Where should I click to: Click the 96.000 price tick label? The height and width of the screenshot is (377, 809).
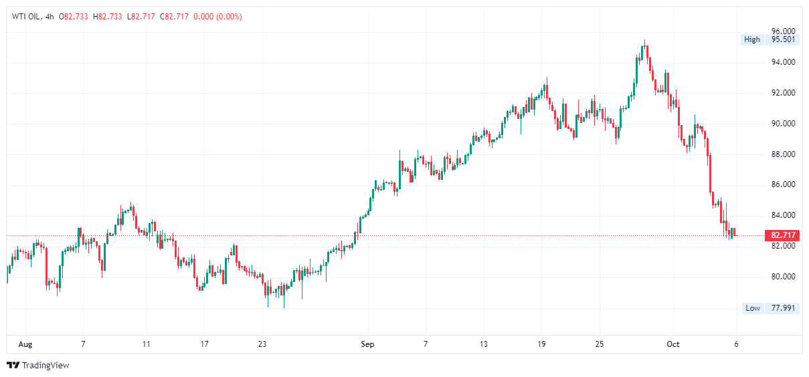point(783,31)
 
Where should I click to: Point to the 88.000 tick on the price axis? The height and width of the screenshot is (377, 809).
point(783,154)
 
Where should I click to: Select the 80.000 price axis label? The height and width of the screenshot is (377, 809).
point(783,277)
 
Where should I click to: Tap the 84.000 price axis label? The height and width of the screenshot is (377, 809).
point(783,215)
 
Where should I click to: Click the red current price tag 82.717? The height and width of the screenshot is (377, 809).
point(783,235)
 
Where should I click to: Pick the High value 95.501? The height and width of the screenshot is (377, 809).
point(783,39)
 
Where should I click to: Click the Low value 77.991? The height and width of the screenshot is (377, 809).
point(783,308)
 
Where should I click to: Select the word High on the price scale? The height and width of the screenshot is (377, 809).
point(752,39)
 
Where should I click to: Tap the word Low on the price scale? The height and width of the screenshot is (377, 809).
point(753,308)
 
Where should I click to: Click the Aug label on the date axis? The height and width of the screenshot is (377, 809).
point(25,344)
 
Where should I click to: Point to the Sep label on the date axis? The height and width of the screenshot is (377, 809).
point(367,344)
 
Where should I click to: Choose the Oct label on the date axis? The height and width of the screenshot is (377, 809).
point(673,344)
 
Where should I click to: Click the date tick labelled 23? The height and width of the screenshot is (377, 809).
point(262,344)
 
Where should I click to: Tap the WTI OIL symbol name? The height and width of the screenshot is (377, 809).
point(26,17)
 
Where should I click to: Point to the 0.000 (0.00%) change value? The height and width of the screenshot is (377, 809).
point(217,17)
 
